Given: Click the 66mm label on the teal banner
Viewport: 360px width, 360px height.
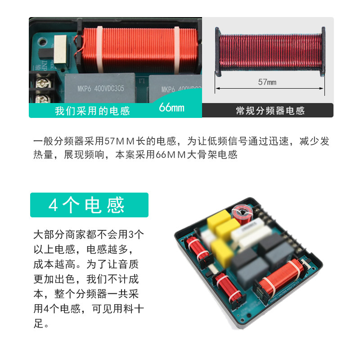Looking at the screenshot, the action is click(172, 107).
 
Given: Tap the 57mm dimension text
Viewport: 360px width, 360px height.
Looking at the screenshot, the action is click(267, 82).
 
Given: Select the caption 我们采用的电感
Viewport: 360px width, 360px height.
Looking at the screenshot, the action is click(92, 111).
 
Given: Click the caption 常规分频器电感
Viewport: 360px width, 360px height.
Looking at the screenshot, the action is click(270, 111).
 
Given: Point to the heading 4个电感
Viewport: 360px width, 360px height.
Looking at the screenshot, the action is click(86, 205).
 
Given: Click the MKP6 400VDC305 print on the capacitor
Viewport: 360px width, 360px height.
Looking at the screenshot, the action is click(101, 88).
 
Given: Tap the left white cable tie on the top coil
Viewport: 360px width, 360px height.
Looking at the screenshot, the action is click(99, 49).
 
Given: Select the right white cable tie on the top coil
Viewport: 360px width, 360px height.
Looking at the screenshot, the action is click(177, 50).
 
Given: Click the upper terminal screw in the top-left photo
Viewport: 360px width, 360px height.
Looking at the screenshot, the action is click(42, 83).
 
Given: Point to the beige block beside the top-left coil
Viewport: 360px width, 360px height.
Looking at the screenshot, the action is click(60, 49).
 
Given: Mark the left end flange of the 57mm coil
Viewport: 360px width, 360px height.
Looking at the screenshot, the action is click(218, 52).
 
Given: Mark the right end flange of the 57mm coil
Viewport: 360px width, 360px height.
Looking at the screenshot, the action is click(323, 51).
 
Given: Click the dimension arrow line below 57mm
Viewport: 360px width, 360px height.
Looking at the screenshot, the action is click(270, 88).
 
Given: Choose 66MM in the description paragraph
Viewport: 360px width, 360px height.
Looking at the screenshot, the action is click(171, 155).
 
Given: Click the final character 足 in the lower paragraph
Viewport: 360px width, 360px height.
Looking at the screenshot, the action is click(38, 324).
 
